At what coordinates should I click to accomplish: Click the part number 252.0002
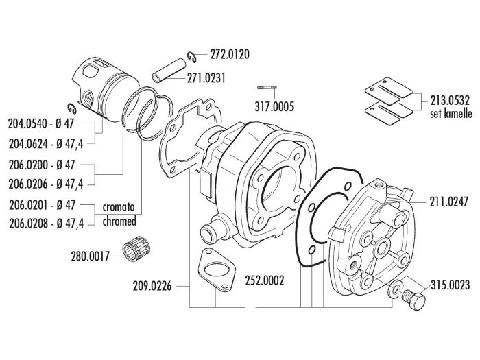click(x=264, y=280)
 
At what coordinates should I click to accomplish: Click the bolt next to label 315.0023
click(x=413, y=298)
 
